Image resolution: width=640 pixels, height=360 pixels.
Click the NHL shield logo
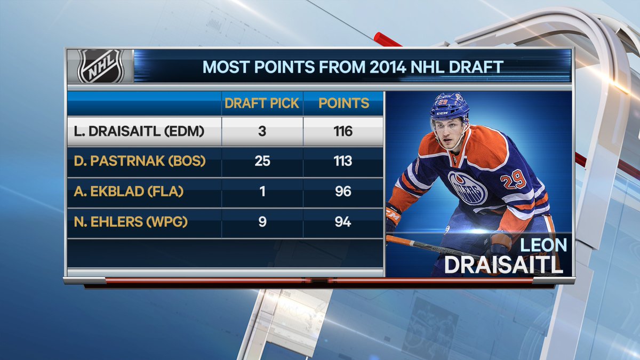(100, 66)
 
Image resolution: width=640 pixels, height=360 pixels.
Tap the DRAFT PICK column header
(262, 103)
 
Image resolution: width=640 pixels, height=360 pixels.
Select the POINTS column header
(343, 103)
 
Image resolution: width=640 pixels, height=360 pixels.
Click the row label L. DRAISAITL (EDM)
(136, 131)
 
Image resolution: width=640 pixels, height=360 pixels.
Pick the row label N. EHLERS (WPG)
(128, 222)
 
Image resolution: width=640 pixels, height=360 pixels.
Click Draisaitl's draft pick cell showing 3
(262, 131)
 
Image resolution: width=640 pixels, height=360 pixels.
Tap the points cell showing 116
(343, 131)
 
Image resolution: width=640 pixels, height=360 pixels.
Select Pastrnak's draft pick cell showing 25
(262, 161)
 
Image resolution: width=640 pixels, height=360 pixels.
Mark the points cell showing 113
(343, 161)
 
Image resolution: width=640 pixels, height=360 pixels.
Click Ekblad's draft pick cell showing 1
(262, 191)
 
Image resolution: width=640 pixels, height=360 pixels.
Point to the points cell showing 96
(343, 191)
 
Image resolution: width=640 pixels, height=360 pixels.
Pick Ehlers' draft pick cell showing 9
(262, 222)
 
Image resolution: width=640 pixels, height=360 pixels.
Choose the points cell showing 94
(343, 222)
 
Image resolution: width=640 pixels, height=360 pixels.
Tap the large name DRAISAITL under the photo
(503, 265)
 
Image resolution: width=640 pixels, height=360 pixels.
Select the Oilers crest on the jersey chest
(467, 187)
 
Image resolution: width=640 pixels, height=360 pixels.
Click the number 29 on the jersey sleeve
(516, 180)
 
